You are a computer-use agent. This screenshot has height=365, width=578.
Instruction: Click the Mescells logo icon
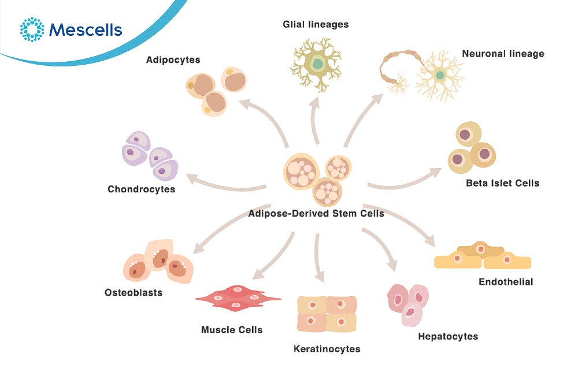click(x=32, y=29)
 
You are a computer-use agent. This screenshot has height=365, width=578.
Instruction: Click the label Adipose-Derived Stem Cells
click(x=316, y=213)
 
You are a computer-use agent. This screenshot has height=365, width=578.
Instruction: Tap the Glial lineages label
click(x=316, y=25)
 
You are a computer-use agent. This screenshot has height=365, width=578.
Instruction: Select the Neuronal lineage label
click(x=503, y=54)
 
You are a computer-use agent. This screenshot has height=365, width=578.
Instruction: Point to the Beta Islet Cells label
click(x=502, y=183)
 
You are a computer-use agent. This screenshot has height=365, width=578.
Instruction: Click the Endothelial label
click(x=506, y=282)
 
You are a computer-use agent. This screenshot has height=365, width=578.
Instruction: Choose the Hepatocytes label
click(x=448, y=336)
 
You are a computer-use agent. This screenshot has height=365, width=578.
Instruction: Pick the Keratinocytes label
click(x=327, y=349)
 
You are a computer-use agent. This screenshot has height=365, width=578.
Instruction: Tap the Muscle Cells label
click(x=232, y=330)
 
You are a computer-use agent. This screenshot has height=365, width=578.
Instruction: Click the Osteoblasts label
click(x=134, y=292)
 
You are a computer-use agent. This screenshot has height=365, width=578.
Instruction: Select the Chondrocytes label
click(x=141, y=189)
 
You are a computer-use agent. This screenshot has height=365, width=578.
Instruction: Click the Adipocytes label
click(x=173, y=59)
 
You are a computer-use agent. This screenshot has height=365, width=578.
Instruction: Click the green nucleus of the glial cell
click(x=317, y=63)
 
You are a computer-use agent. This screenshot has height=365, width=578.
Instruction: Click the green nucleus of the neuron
click(x=440, y=75)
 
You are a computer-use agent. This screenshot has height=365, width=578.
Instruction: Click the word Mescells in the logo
click(x=86, y=29)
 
